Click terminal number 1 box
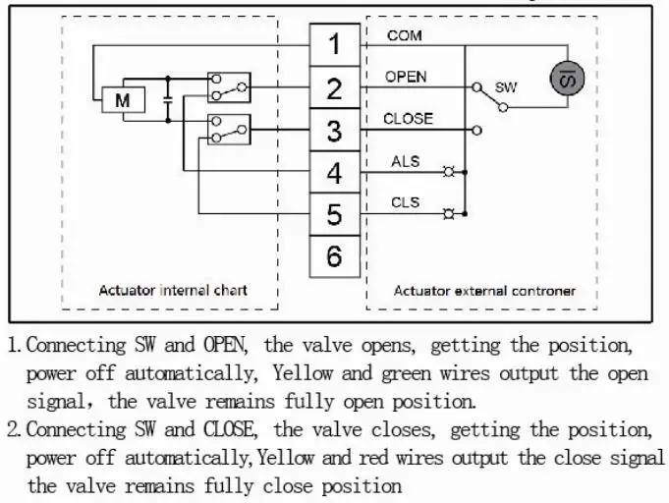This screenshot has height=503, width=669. click(335, 44)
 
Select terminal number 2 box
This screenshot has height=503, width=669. click(335, 88)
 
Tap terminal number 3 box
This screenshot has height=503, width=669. click(335, 131)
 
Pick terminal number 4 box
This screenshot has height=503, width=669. click(335, 173)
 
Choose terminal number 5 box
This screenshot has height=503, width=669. click(335, 215)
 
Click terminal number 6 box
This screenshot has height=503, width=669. click(335, 257)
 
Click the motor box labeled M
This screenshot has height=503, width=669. click(123, 100)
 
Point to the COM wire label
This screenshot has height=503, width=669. click(405, 36)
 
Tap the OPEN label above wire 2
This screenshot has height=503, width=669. click(406, 77)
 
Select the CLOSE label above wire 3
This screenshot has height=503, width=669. click(408, 119)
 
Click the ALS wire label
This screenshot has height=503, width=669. click(406, 161)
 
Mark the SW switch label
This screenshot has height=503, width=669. click(506, 87)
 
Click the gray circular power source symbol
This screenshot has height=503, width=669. click(565, 78)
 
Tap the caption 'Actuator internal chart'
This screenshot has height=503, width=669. click(173, 290)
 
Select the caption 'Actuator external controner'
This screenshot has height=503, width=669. click(484, 290)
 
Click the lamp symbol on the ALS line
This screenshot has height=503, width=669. click(449, 171)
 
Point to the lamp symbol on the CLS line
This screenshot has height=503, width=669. click(449, 213)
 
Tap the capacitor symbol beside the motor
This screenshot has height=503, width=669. click(168, 98)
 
